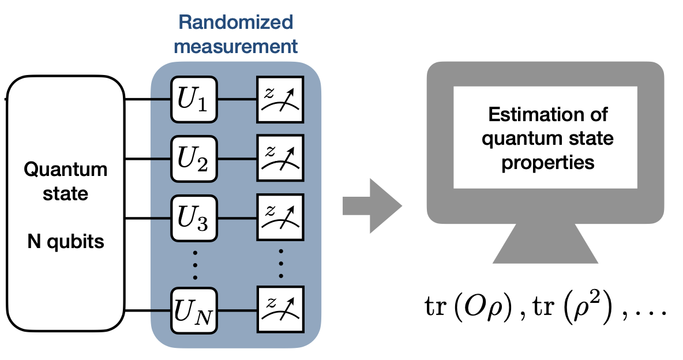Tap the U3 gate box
pyautogui.click(x=194, y=219)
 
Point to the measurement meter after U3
pyautogui.click(x=280, y=219)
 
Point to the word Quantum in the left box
pyautogui.click(x=65, y=170)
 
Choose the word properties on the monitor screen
pyautogui.click(x=547, y=163)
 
